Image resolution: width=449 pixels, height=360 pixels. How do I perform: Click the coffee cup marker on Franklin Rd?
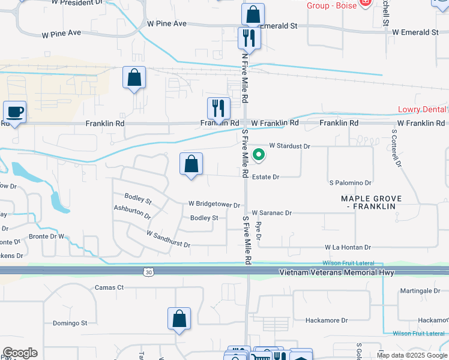(x=14, y=112)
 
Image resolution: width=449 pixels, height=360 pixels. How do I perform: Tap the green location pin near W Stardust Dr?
(x=259, y=155)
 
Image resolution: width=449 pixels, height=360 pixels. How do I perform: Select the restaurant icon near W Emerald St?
(x=247, y=39)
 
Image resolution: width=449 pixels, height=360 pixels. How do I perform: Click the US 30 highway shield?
(x=148, y=272)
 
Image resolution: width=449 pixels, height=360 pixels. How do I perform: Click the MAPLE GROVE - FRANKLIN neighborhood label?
(x=370, y=202)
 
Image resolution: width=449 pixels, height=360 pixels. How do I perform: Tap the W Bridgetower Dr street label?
(x=214, y=205)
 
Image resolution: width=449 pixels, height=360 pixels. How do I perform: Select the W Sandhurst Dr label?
(x=168, y=239)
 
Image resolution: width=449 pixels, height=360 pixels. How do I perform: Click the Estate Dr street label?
(x=265, y=177)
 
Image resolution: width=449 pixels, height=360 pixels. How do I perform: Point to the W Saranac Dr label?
(x=271, y=213)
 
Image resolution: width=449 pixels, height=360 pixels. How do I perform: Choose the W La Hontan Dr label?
(x=348, y=247)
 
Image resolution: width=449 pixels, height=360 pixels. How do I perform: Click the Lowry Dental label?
(x=423, y=110)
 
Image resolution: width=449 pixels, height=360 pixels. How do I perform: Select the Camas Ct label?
(x=109, y=287)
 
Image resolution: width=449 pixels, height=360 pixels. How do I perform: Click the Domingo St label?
(x=70, y=323)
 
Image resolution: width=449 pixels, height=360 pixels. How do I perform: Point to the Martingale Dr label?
(x=420, y=291)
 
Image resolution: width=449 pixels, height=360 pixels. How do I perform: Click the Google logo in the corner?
(x=20, y=353)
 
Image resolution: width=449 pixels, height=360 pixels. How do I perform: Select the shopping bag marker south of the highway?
(x=179, y=320)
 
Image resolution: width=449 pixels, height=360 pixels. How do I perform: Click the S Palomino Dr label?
(x=351, y=182)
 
